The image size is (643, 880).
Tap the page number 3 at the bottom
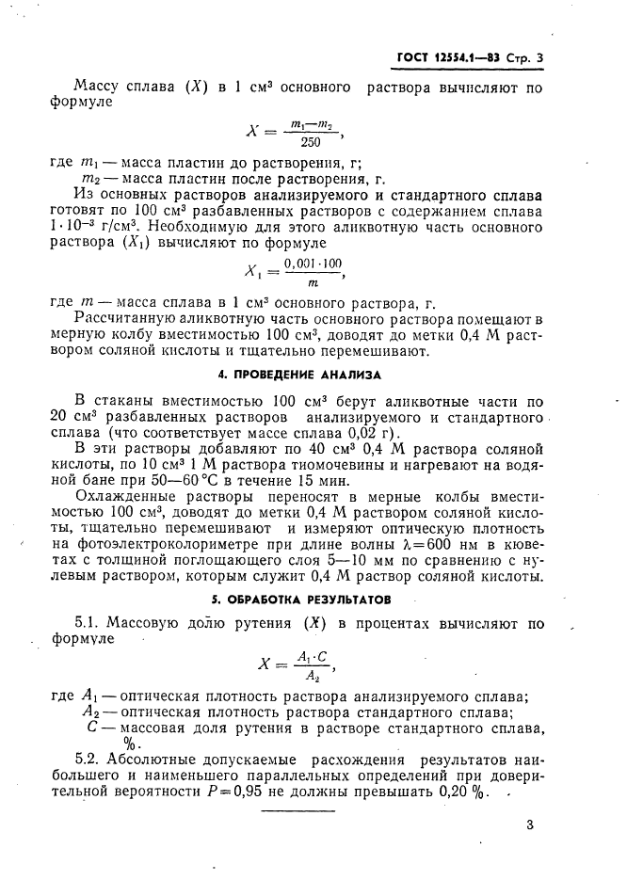[x=530, y=824]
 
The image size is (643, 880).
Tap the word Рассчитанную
[x=125, y=320]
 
